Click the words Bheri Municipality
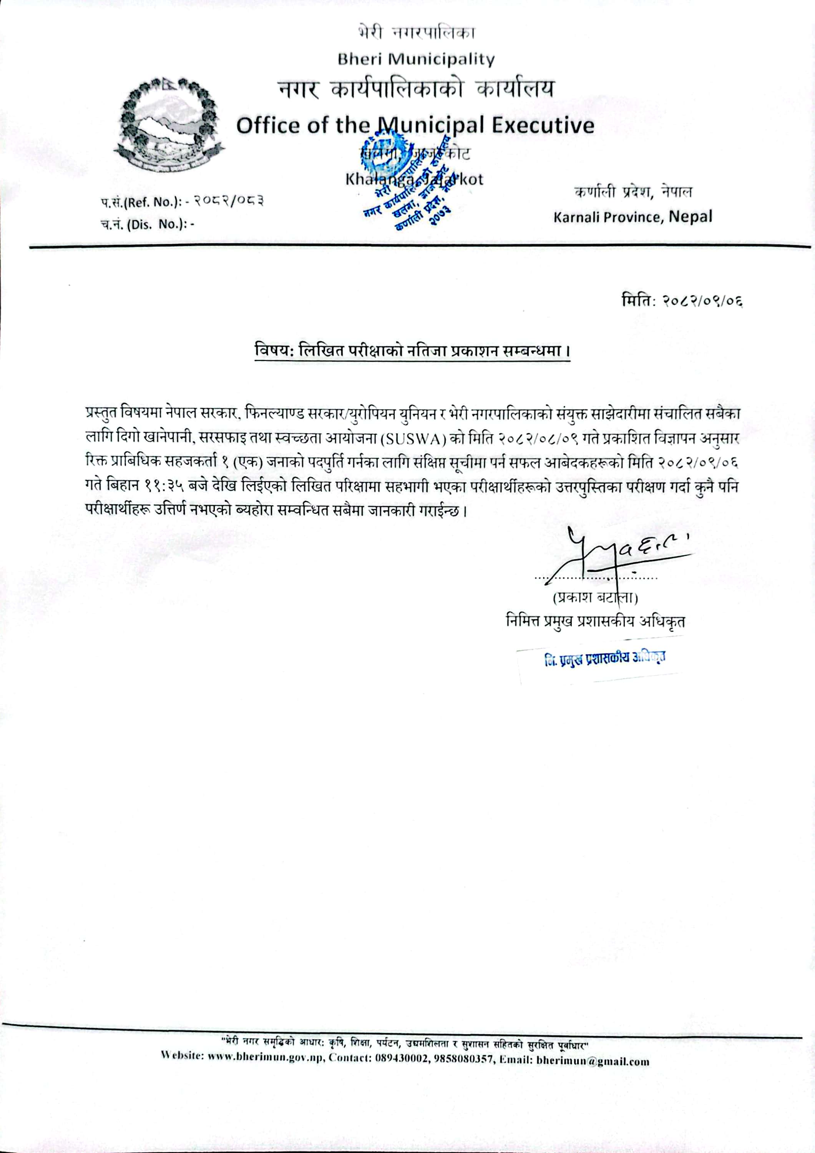(416, 60)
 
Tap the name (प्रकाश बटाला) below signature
(595, 598)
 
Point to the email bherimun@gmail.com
(593, 1062)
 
